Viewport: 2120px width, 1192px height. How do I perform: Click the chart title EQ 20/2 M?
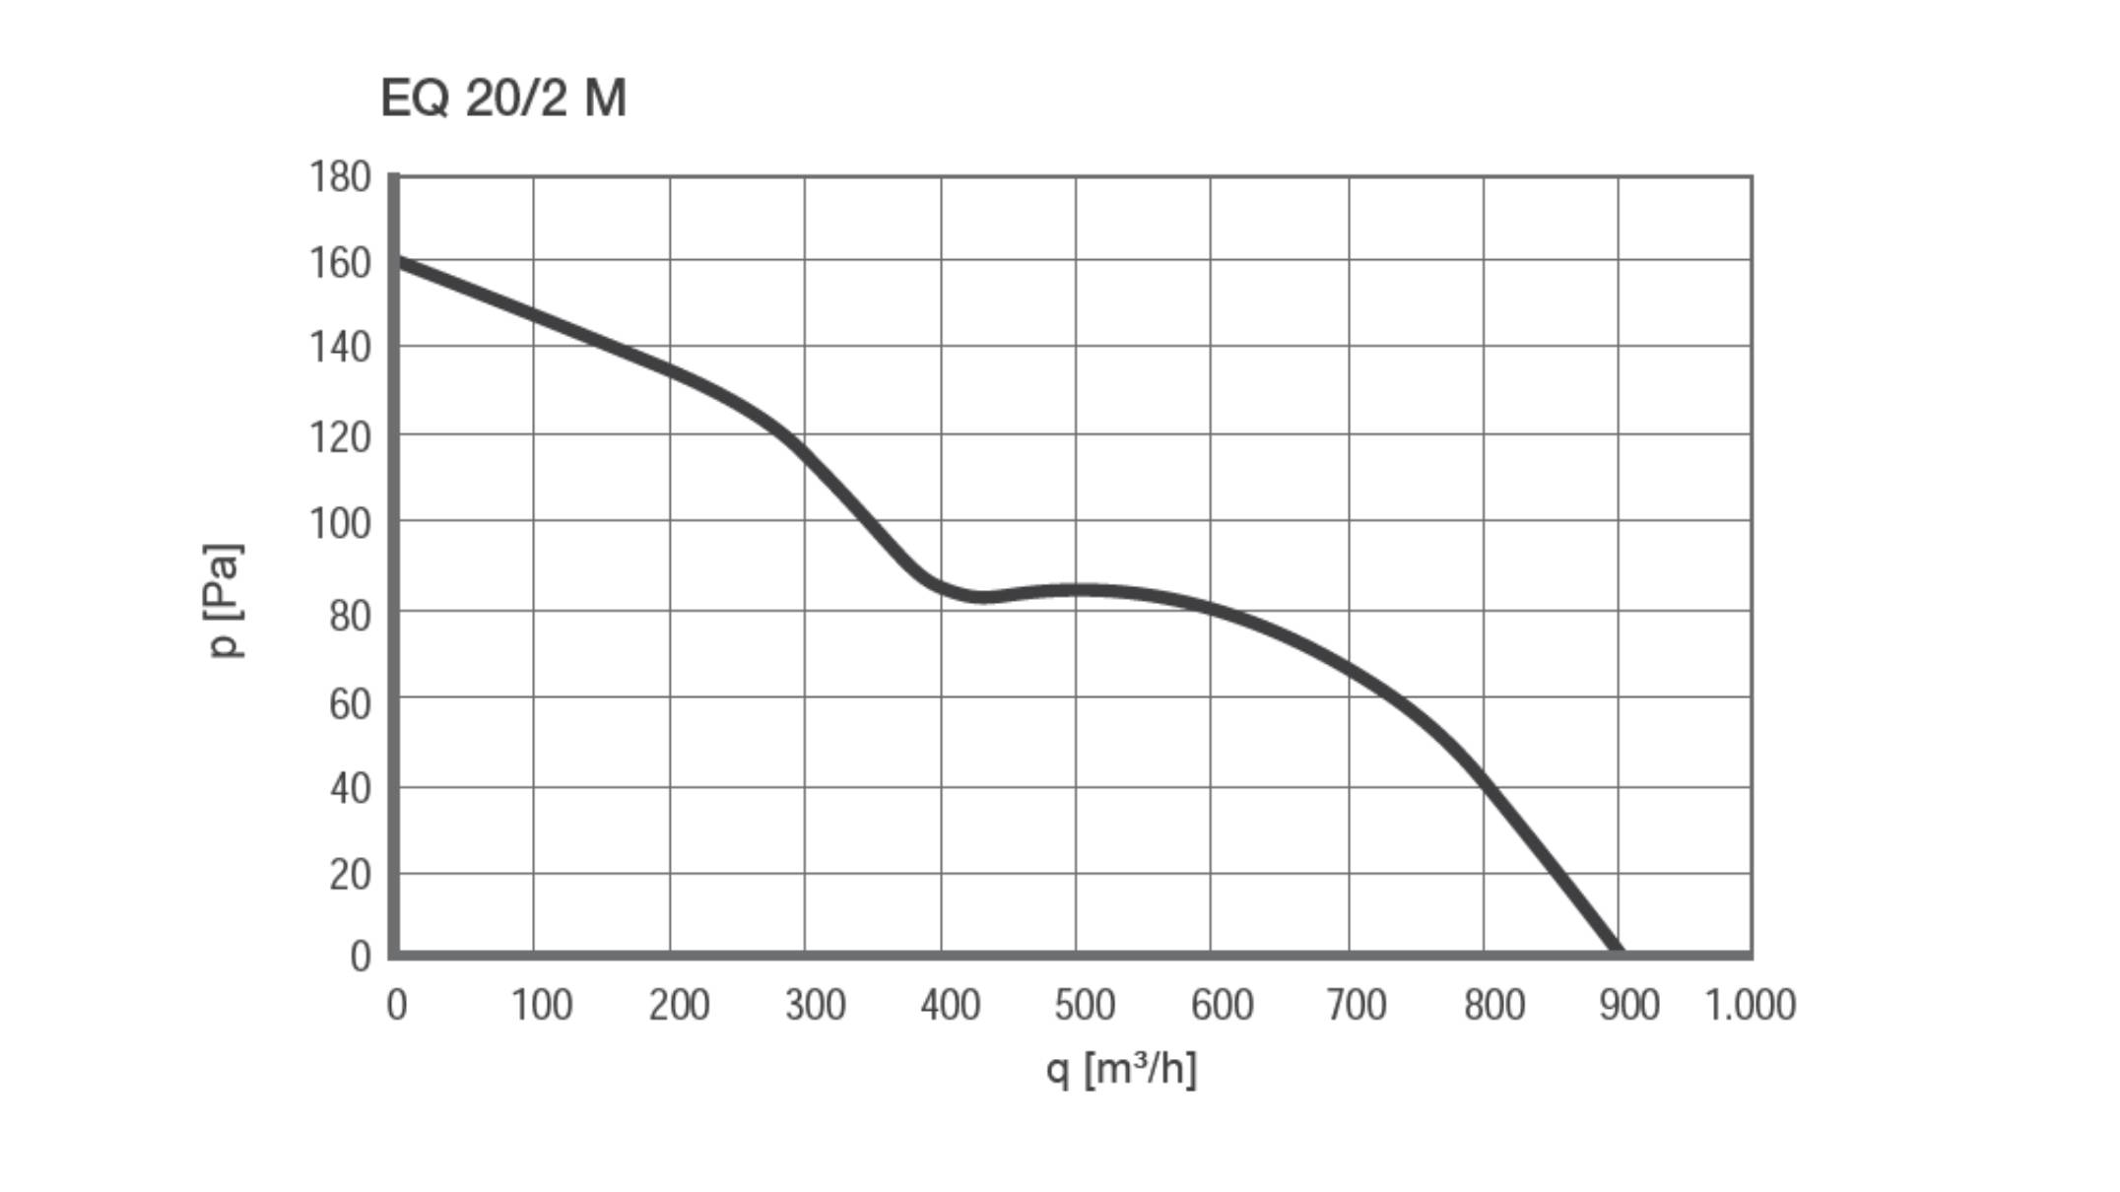tap(503, 99)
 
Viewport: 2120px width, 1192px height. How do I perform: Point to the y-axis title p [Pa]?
tap(224, 600)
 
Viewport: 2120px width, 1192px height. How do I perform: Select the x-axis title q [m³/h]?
tap(1121, 1069)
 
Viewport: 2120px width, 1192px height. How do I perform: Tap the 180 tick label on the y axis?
tap(340, 178)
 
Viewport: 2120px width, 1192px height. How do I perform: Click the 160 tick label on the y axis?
tap(340, 263)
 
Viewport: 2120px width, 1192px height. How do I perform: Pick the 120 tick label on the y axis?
tap(340, 436)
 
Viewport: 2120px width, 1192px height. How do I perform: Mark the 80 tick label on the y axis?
tap(349, 616)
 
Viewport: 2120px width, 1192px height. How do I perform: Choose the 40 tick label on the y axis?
tap(350, 789)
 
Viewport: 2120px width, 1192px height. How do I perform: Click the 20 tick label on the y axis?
tap(350, 875)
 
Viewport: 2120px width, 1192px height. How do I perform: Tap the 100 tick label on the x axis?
tap(541, 1006)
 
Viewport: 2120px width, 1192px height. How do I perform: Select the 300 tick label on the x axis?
tap(815, 1006)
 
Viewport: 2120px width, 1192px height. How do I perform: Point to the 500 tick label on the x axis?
tap(1085, 1006)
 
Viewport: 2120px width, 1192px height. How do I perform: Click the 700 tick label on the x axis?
tap(1357, 1006)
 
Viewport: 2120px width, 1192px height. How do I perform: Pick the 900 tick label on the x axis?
tap(1628, 1006)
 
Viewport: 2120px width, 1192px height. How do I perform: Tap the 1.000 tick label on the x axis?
tap(1750, 1006)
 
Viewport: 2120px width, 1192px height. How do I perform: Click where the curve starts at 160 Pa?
tap(398, 262)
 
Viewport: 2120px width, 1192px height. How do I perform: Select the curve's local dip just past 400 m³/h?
tap(982, 597)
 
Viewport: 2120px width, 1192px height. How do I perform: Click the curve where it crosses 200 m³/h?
tap(670, 372)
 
